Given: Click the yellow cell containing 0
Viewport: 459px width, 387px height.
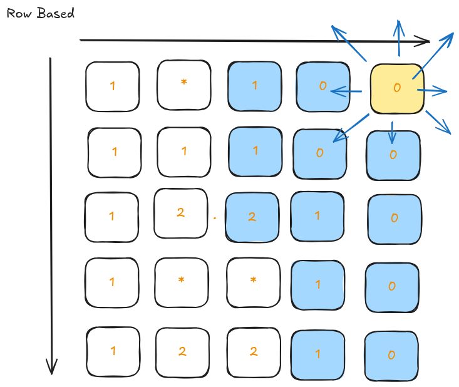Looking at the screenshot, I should point(397,88).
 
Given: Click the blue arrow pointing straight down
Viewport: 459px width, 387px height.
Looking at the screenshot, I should point(392,132).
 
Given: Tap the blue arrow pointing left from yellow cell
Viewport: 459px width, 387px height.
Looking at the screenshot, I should point(346,92).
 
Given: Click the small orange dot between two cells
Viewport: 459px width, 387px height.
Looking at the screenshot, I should point(214,218).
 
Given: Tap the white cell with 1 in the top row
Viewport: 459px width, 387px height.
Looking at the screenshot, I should point(113,86).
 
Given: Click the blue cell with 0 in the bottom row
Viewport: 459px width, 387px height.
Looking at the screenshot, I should point(391,355).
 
